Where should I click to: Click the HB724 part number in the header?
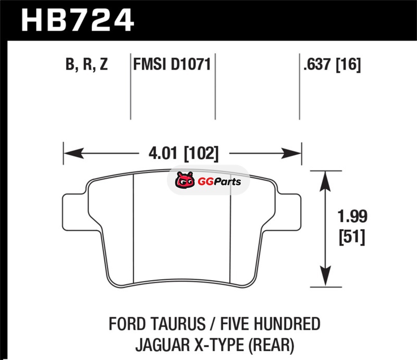click(x=77, y=20)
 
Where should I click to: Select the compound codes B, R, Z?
click(x=87, y=64)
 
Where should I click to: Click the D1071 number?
click(x=191, y=64)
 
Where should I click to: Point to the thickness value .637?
click(x=317, y=64)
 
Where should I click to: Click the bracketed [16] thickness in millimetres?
click(x=349, y=65)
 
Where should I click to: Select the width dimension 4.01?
click(x=163, y=153)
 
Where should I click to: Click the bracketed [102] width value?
click(x=201, y=153)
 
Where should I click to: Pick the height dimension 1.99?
click(x=352, y=216)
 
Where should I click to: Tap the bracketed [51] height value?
click(x=352, y=237)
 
